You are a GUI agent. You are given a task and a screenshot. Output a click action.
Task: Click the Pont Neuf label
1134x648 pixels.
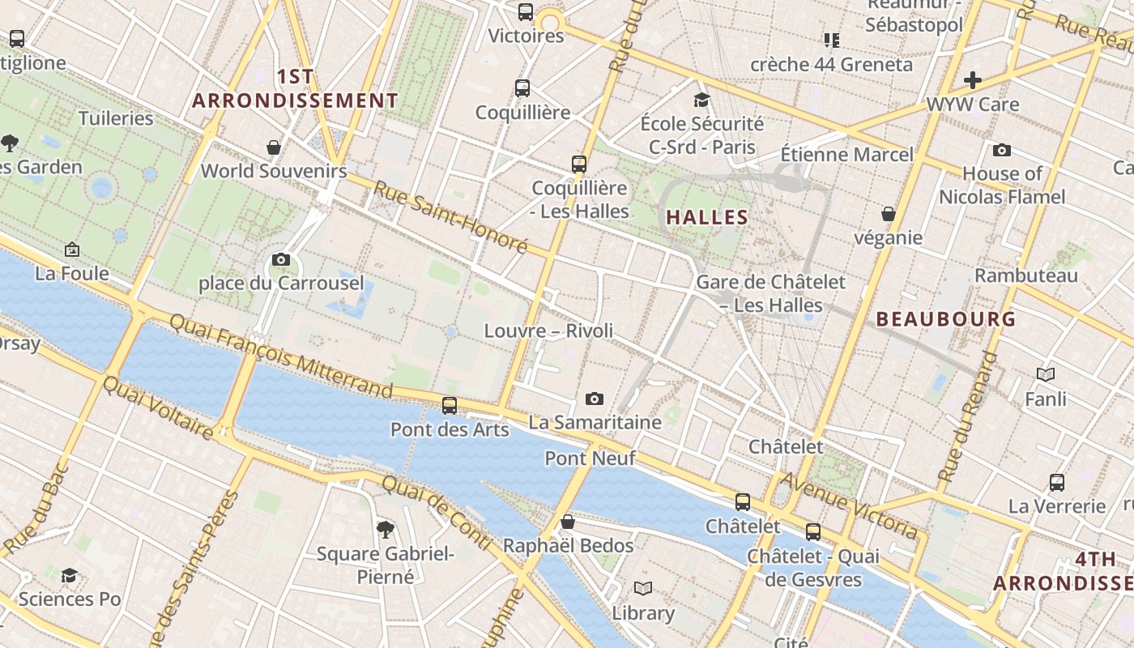click(x=590, y=458)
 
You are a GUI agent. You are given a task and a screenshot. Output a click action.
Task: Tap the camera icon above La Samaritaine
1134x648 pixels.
click(x=595, y=399)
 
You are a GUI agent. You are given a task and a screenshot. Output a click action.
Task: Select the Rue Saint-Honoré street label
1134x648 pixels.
click(x=450, y=216)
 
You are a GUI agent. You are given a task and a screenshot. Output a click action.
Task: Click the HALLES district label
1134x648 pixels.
click(x=707, y=217)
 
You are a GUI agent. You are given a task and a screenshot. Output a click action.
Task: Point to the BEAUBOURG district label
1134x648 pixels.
click(x=946, y=319)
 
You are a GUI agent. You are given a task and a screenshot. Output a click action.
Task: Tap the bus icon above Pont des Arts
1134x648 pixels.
click(x=450, y=405)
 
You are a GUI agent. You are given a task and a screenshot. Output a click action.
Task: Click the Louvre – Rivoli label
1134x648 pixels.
click(x=548, y=330)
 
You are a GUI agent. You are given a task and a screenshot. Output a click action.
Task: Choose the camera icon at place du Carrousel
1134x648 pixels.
click(x=281, y=259)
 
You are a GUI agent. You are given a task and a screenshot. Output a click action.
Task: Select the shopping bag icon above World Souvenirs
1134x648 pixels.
click(x=274, y=147)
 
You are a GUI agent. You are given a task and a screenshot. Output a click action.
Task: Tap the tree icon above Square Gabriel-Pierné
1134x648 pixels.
click(x=386, y=530)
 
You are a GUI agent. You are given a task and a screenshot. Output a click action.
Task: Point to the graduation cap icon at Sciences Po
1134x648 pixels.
click(x=70, y=575)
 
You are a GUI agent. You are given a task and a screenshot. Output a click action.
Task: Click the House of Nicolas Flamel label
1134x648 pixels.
click(x=1002, y=185)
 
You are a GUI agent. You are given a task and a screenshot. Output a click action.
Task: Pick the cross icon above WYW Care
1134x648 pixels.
click(x=973, y=80)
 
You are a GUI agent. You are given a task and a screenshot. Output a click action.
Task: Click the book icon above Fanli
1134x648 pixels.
click(x=1046, y=375)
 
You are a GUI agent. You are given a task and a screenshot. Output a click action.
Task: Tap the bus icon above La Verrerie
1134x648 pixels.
click(x=1057, y=483)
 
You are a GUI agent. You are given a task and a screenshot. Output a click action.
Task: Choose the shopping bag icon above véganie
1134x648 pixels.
click(x=889, y=214)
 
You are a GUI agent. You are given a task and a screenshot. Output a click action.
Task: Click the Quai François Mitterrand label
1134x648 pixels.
click(x=280, y=356)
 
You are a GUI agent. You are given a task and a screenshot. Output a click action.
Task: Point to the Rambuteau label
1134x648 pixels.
click(x=1026, y=275)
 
